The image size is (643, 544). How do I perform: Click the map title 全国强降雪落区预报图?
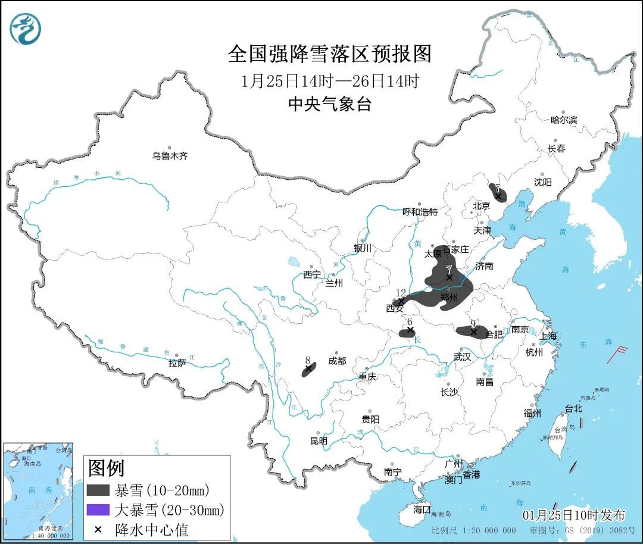pyautogui.click(x=329, y=54)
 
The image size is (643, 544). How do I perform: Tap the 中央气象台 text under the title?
pyautogui.click(x=329, y=105)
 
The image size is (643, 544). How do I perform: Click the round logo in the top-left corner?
pyautogui.click(x=26, y=29)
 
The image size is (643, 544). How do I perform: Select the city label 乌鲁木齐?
pyautogui.click(x=170, y=156)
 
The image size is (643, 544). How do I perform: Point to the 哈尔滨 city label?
pyautogui.click(x=563, y=120)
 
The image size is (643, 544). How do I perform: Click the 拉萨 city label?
pyautogui.click(x=177, y=362)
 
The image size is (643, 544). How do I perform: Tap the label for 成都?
pyautogui.click(x=336, y=361)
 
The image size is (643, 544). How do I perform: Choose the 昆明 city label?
pyautogui.click(x=319, y=441)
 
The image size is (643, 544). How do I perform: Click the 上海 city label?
pyautogui.click(x=548, y=336)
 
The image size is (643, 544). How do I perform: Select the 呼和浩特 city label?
pyautogui.click(x=420, y=211)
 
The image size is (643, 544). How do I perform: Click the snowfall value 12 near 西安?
pyautogui.click(x=401, y=292)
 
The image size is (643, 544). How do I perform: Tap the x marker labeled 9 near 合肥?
pyautogui.click(x=473, y=332)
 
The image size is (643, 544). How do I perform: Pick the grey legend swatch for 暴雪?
pyautogui.click(x=98, y=490)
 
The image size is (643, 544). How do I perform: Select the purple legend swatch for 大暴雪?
pyautogui.click(x=98, y=509)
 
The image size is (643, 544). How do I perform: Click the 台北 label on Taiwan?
pyautogui.click(x=574, y=409)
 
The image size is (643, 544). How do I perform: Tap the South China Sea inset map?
pyautogui.click(x=38, y=490)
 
